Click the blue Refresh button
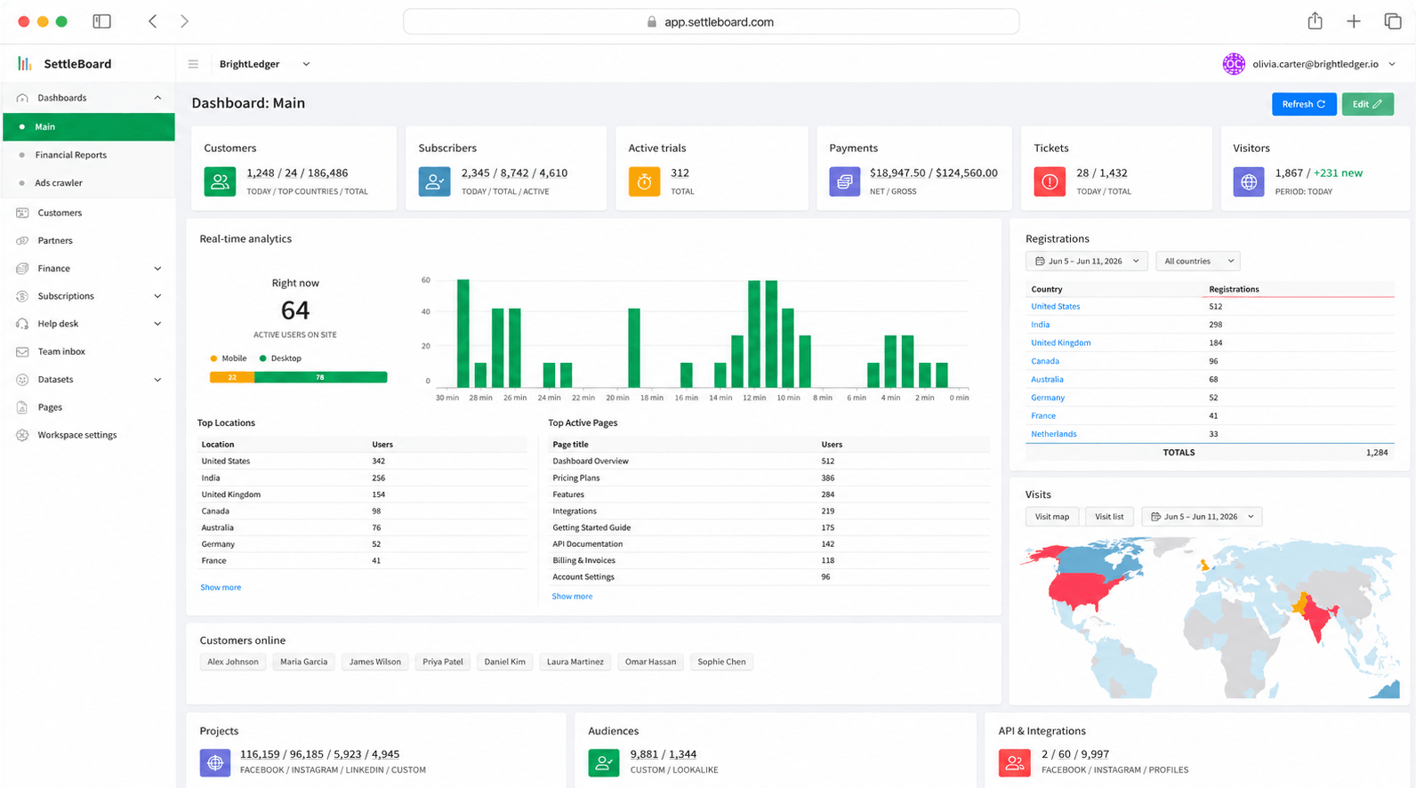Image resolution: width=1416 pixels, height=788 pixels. click(1303, 104)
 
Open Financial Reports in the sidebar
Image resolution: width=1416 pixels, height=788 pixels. click(71, 155)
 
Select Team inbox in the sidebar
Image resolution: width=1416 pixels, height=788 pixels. click(61, 351)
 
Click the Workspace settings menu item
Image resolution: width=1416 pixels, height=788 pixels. click(77, 435)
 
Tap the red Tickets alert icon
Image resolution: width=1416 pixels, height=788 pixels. click(1050, 182)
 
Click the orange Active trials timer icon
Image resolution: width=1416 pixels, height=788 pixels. click(644, 182)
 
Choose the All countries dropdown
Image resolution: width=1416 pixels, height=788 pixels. click(1198, 261)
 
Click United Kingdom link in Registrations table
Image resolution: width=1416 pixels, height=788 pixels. click(1061, 342)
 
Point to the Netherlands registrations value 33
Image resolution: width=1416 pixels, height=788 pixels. click(1214, 434)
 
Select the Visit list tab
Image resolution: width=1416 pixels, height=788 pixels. click(1109, 516)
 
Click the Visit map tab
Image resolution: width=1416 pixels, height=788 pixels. click(1052, 516)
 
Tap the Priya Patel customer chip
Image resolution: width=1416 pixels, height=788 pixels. click(443, 662)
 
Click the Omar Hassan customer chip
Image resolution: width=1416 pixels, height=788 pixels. click(650, 662)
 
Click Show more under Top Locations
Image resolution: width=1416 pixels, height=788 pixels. click(221, 587)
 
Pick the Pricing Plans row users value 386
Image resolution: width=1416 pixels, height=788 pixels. click(828, 478)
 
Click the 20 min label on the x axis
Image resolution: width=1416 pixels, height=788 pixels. click(617, 398)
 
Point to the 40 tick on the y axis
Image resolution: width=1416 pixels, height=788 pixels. click(425, 311)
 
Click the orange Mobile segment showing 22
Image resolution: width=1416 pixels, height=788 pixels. click(232, 377)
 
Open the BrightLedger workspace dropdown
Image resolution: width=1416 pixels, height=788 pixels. click(264, 64)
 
